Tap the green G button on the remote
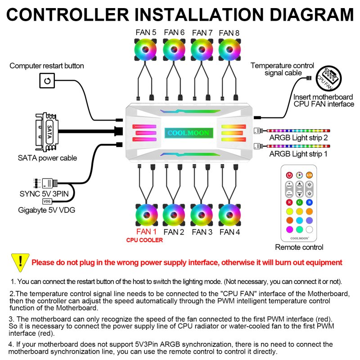[300, 202]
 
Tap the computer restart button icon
[47, 81]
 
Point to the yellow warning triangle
[20, 261]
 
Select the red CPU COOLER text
[144, 240]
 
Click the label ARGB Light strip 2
[299, 138]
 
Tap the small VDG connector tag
[47, 202]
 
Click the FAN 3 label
[202, 232]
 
